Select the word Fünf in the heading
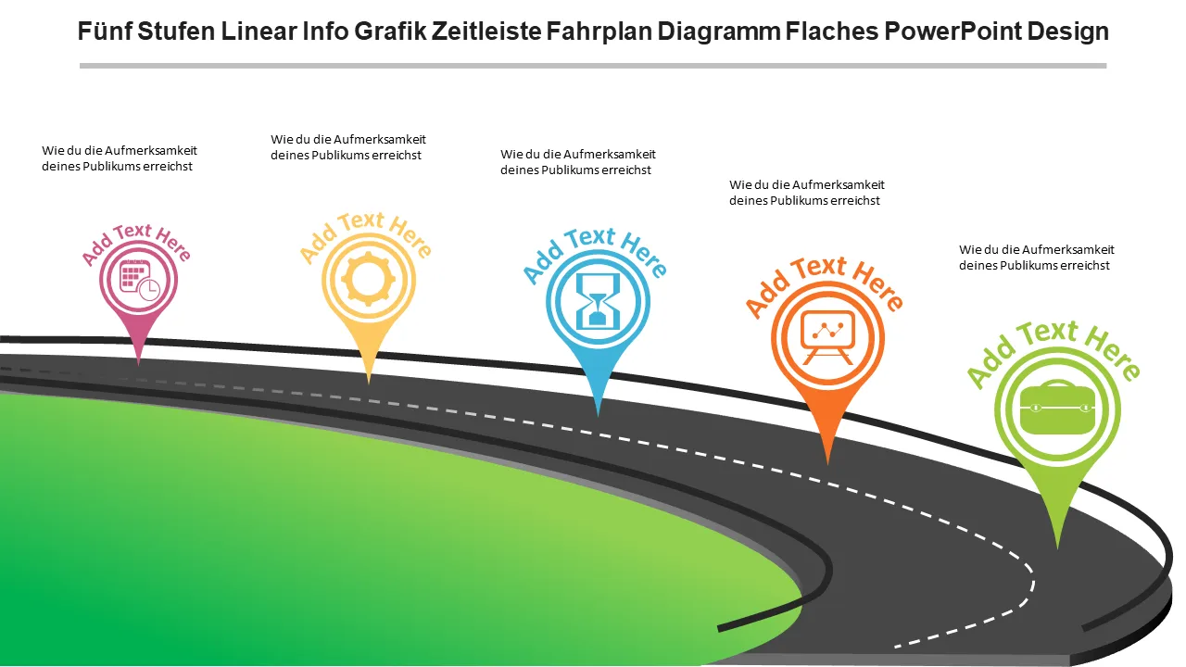point(105,31)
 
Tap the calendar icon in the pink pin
point(138,280)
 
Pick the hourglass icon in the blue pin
point(598,300)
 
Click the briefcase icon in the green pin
point(1057,409)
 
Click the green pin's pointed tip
point(1057,546)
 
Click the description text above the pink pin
point(119,158)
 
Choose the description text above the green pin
point(1036,258)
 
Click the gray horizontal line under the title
point(593,66)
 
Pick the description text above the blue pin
point(577,162)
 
